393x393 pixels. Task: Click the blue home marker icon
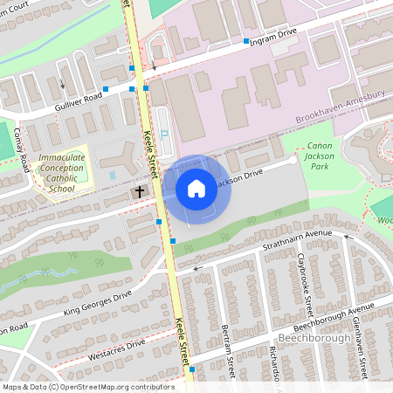coord(196,189)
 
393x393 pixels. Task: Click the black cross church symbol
coord(139,190)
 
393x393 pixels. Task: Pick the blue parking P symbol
coord(164,136)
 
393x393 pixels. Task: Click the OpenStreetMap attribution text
coord(87,386)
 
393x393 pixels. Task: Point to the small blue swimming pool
coord(113,176)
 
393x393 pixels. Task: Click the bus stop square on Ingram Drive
coord(245,42)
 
